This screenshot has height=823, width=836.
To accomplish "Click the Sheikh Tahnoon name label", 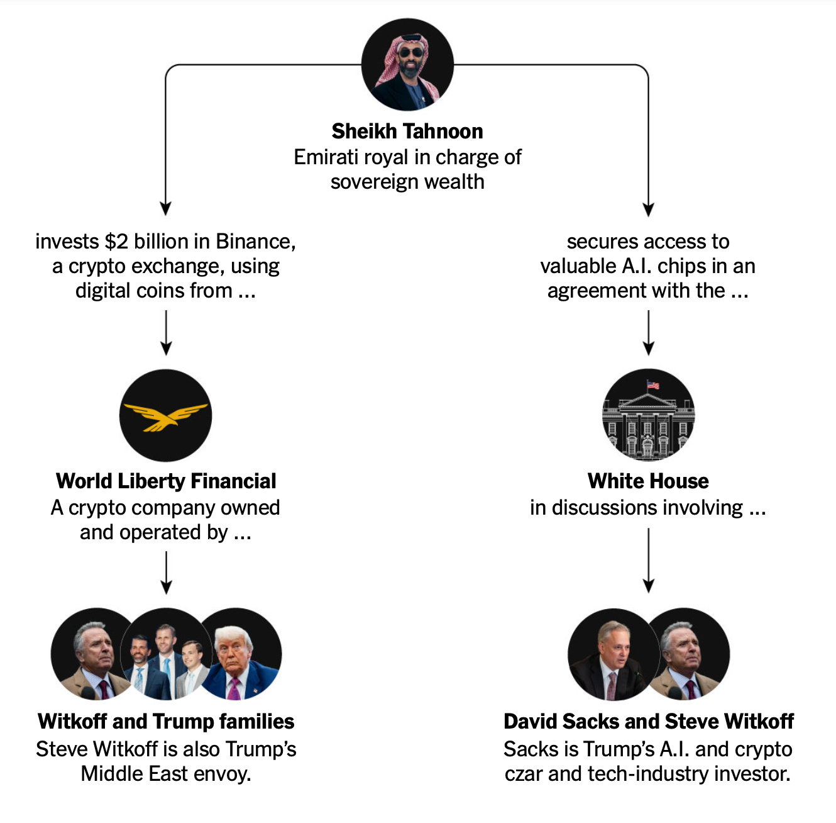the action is pos(407,131).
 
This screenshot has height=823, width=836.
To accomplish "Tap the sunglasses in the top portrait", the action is pos(411,53).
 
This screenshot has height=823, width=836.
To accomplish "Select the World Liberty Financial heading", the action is pos(166,481).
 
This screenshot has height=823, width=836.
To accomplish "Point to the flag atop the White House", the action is pos(653,385).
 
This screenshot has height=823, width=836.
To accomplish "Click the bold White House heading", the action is pos(648,481).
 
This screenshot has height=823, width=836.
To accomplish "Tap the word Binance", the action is pos(256,242).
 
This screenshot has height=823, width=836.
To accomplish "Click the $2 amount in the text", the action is pos(116,242).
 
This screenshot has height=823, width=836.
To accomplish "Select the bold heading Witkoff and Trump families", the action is pos(166,721).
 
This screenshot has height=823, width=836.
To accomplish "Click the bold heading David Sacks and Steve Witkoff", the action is pos(649,721).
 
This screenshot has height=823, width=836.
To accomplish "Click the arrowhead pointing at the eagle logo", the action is pos(166,348).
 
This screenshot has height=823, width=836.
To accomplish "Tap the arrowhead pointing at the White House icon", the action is pos(649,348).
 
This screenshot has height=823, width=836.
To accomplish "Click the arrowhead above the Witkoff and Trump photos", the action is pos(166,587).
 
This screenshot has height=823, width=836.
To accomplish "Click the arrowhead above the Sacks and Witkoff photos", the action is pos(649,586).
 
